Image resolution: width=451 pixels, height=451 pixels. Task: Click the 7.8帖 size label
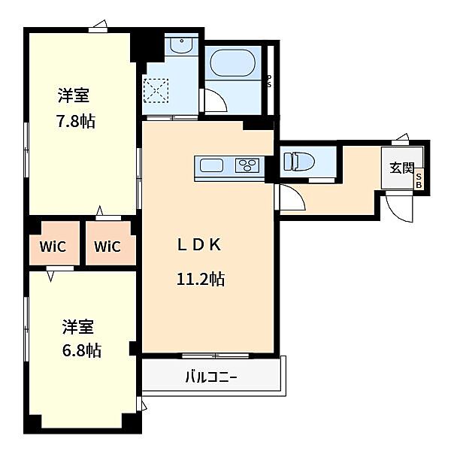coord(75,121)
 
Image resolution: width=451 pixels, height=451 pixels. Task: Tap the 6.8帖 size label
coord(82,350)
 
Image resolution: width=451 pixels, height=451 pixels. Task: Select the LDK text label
coord(199,245)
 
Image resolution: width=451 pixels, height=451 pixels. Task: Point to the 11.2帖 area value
coord(201,279)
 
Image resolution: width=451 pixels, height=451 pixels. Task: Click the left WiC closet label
coord(53,247)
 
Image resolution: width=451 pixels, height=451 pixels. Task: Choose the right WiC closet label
coord(107,247)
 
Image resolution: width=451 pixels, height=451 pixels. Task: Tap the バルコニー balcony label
coord(211,377)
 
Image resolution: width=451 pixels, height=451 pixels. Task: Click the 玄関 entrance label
coord(402,168)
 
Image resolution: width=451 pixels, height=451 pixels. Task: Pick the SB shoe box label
coord(419,181)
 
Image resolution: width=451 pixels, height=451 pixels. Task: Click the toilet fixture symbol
coord(299,161)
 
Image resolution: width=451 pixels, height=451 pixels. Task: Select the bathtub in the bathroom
coord(233,63)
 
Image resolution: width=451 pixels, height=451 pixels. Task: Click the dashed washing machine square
coord(156,90)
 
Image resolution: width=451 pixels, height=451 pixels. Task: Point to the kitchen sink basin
coord(211,165)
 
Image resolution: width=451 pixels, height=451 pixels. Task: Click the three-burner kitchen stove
coord(247,165)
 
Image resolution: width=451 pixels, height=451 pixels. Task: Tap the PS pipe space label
coord(270,81)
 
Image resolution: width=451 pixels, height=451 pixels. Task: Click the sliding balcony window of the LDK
coord(216,356)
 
